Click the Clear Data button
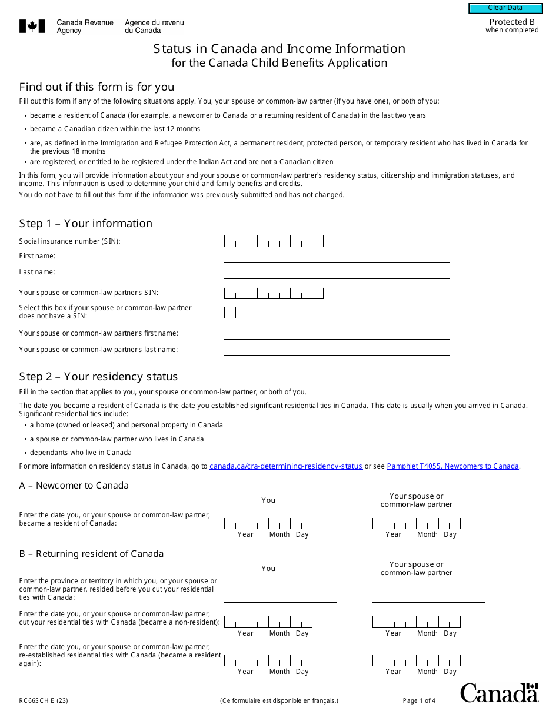point(505,8)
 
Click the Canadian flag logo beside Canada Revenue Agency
point(32,26)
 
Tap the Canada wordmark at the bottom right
point(499,693)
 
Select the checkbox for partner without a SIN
point(230,313)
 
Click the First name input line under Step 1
point(337,257)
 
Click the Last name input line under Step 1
point(337,273)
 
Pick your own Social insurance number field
point(274,241)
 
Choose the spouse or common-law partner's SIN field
point(274,293)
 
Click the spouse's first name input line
point(337,334)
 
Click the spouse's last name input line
point(337,351)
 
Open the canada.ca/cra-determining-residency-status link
point(286,466)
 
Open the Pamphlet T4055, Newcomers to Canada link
point(452,466)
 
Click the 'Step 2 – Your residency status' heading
point(98,377)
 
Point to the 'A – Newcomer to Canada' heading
point(74,486)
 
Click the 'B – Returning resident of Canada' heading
point(91,554)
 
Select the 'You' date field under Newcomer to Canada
point(268,524)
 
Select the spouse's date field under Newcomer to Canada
point(417,524)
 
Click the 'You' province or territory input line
point(281,597)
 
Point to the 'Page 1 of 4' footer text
point(419,700)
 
